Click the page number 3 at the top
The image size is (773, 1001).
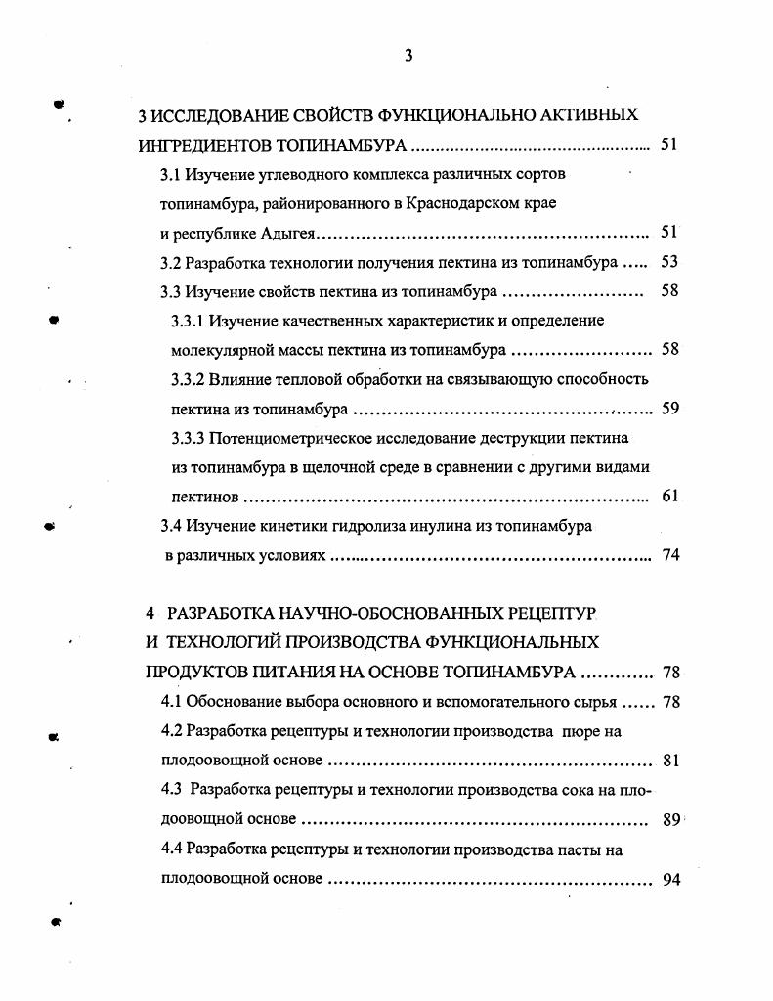pyautogui.click(x=408, y=56)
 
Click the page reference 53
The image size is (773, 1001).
pyautogui.click(x=669, y=262)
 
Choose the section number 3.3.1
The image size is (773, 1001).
pyautogui.click(x=191, y=321)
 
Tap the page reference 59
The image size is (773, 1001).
pyautogui.click(x=669, y=409)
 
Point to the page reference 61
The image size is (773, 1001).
pyautogui.click(x=669, y=496)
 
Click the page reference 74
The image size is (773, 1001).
pyautogui.click(x=669, y=554)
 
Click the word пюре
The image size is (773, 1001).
pyautogui.click(x=576, y=731)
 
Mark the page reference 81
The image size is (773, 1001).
pyautogui.click(x=669, y=761)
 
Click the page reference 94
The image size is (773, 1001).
pyautogui.click(x=669, y=879)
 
